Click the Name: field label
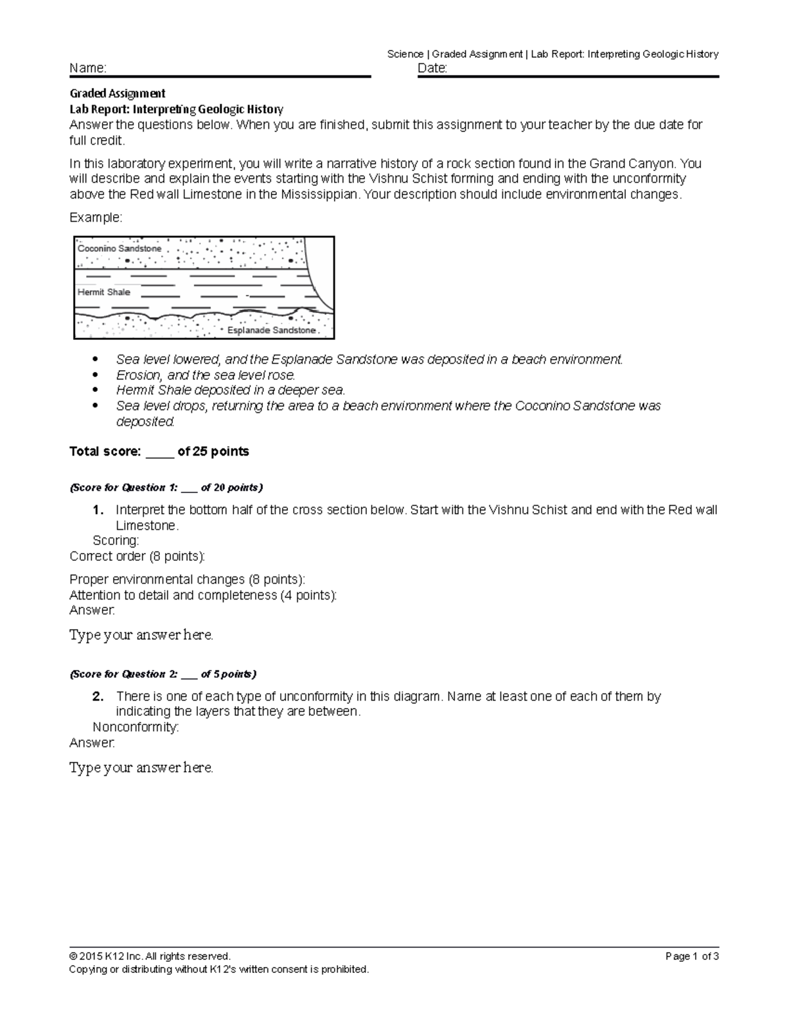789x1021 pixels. click(x=88, y=68)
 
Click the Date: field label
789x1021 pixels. click(x=433, y=68)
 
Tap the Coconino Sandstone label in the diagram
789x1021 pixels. click(x=120, y=249)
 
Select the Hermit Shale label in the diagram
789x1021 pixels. click(x=104, y=292)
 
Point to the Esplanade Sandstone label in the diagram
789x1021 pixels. click(x=272, y=330)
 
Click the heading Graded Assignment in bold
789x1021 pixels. click(x=117, y=93)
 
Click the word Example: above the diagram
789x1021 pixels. click(x=96, y=218)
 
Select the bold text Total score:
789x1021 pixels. click(x=105, y=452)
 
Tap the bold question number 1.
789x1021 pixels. click(x=97, y=510)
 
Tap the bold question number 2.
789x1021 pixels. click(x=97, y=696)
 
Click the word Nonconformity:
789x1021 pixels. click(x=136, y=727)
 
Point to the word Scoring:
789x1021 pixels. click(x=116, y=540)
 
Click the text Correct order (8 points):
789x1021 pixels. click(x=137, y=556)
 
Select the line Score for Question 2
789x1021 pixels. click(x=163, y=674)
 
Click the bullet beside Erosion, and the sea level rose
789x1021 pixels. click(x=96, y=375)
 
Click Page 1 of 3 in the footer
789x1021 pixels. click(x=692, y=957)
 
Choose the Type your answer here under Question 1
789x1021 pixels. click(x=141, y=635)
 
